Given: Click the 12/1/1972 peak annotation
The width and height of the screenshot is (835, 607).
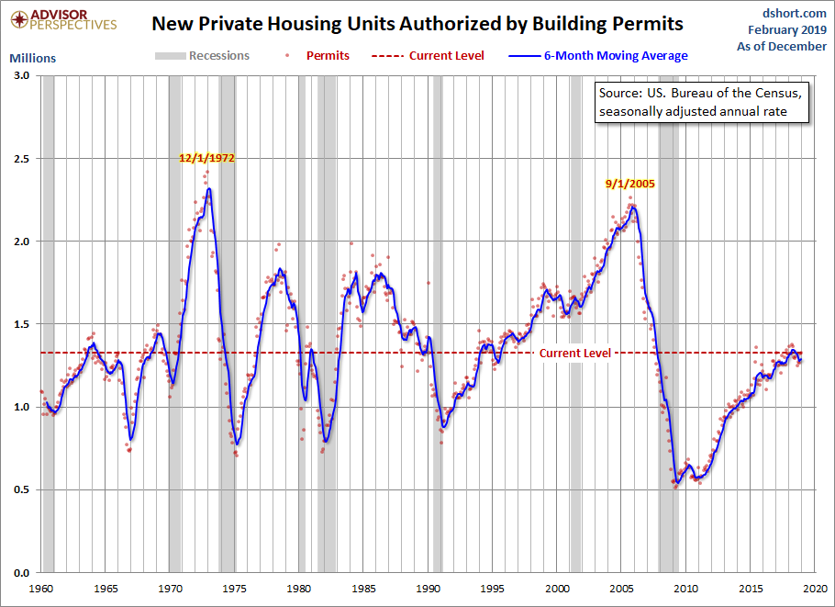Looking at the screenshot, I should [x=206, y=158].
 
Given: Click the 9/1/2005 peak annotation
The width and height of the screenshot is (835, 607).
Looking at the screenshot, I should [x=629, y=183].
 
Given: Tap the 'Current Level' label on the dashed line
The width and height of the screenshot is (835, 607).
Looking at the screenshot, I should [x=574, y=354].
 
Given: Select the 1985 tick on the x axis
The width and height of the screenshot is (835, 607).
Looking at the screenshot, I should [x=364, y=589].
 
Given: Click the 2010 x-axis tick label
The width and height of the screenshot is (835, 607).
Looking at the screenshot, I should [x=686, y=589].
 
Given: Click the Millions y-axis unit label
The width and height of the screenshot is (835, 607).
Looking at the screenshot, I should [x=32, y=58].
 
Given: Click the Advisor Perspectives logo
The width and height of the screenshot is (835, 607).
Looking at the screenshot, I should [x=60, y=18].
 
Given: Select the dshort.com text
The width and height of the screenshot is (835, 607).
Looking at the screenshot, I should [x=795, y=13].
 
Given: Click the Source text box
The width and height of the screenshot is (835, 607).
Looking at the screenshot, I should [x=701, y=103].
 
